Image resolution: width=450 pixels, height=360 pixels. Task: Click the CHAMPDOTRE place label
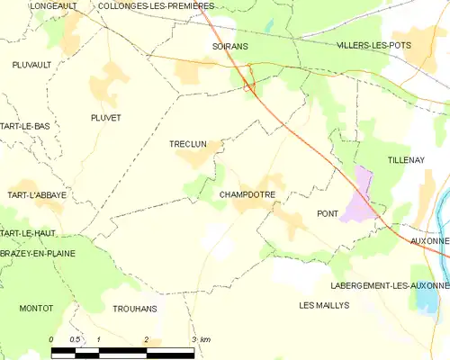pos(247,194)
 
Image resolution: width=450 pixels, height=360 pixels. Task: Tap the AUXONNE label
pos(427,241)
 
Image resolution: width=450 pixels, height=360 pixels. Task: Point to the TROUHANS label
pos(135,309)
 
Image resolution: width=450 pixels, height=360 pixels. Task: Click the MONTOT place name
pos(35,308)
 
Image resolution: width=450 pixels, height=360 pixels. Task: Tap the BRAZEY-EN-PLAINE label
pos(35,255)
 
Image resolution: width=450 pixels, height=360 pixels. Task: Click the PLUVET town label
pos(106,118)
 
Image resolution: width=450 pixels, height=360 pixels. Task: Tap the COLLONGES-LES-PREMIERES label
pos(149,5)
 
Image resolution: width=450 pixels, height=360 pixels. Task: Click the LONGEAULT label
pos(53,5)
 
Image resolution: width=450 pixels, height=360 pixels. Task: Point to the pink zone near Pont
pos(362,196)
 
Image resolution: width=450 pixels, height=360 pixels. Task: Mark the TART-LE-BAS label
pos(25,126)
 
